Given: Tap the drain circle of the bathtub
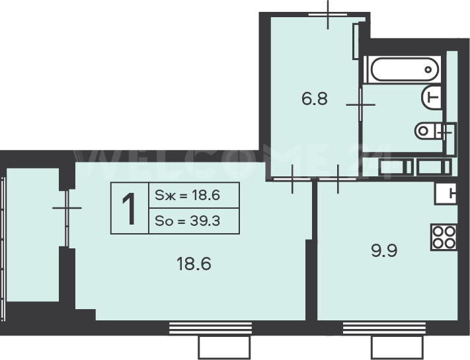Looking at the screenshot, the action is [x=428, y=69].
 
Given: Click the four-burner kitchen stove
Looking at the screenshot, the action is [x=444, y=236].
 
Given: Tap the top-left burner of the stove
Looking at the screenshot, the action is [x=438, y=231].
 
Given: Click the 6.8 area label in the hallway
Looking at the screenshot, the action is [x=315, y=99].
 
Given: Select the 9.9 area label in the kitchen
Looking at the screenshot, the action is [x=384, y=250].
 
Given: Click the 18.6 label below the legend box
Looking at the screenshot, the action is [x=194, y=264].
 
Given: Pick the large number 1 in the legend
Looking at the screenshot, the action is [x=129, y=209].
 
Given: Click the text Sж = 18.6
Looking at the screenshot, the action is [x=187, y=196].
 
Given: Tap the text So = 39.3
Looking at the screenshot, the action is [x=187, y=221].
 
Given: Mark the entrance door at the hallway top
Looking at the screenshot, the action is [x=328, y=14].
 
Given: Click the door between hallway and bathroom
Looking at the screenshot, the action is [x=360, y=104].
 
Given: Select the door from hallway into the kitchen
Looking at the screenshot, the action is [x=338, y=179].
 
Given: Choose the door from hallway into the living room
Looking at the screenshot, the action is [x=292, y=179].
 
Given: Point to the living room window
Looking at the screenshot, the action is [x=210, y=328].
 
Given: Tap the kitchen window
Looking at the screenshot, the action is [x=384, y=328].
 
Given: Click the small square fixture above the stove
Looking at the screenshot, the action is [x=446, y=194].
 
